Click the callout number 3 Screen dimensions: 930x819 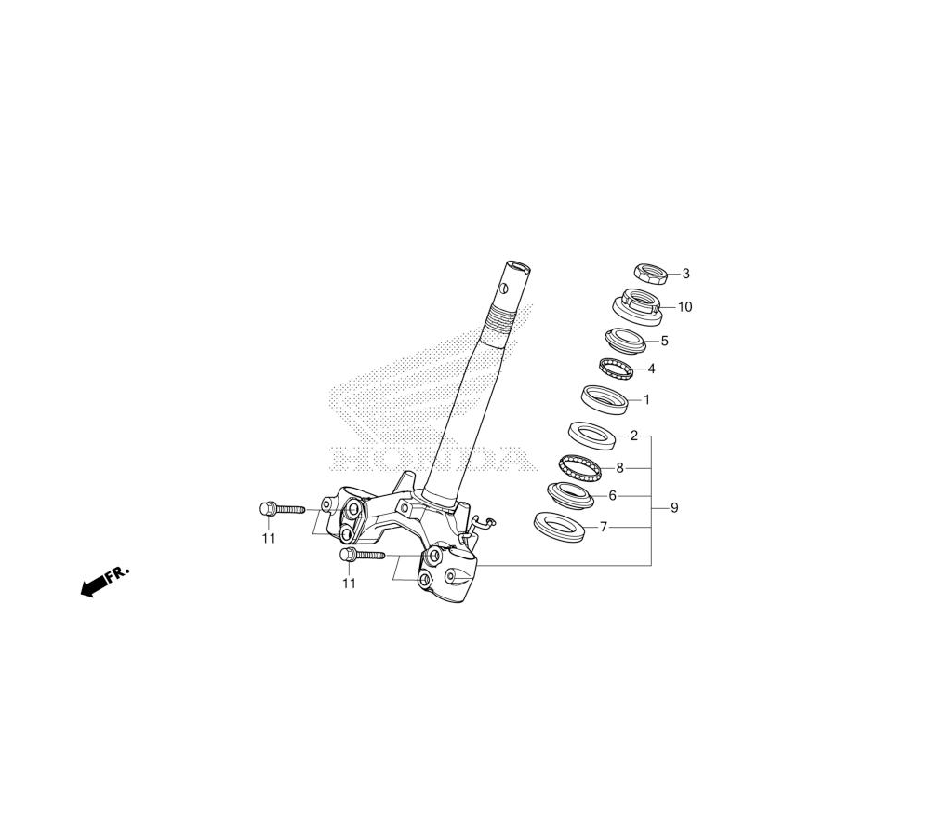(686, 274)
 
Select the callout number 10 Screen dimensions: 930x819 (684, 307)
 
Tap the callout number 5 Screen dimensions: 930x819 (664, 341)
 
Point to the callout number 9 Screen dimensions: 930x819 (674, 508)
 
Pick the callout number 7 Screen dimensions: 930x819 (604, 527)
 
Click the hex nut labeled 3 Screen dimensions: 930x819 (652, 274)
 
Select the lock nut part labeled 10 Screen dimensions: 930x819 (638, 306)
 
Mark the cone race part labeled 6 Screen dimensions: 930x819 (570, 494)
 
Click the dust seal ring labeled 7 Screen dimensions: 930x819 (559, 523)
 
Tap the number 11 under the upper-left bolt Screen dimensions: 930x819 (269, 538)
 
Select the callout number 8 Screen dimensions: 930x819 (619, 468)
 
